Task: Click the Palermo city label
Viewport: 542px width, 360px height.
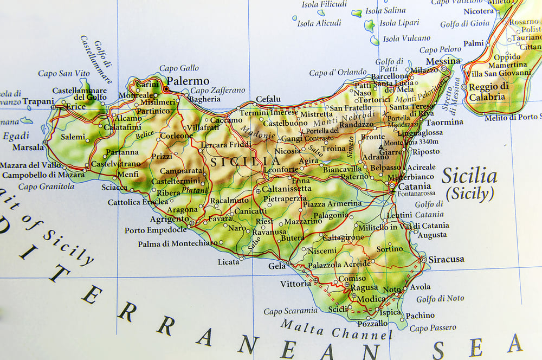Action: tap(188, 81)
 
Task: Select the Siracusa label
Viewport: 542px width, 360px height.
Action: tap(446, 259)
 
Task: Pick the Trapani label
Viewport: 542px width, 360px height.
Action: tap(38, 101)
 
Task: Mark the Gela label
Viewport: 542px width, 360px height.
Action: tap(276, 266)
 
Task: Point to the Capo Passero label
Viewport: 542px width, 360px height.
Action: tap(433, 328)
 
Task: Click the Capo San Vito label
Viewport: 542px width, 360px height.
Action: tap(64, 73)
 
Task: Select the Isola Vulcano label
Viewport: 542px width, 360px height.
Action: tap(406, 38)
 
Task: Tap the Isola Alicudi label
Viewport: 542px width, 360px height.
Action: tap(319, 23)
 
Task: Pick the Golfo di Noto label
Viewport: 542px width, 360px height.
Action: tap(440, 299)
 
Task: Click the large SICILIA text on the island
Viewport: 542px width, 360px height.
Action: tap(246, 162)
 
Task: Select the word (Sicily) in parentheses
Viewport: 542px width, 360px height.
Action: tap(469, 194)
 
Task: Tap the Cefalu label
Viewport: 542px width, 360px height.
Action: tap(268, 99)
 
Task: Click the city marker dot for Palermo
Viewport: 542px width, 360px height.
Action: tap(165, 88)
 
